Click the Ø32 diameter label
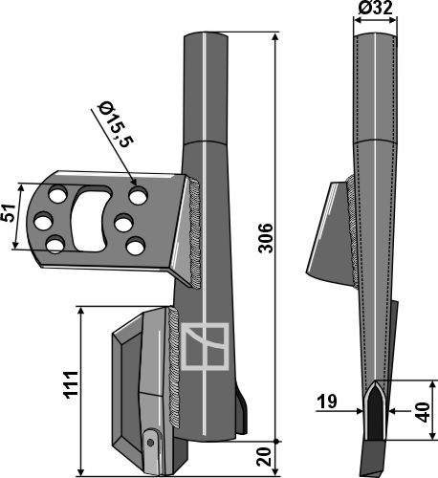click(x=375, y=8)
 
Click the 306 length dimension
click(x=266, y=238)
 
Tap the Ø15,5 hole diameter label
click(x=116, y=124)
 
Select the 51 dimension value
click(x=9, y=212)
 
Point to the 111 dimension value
click(x=71, y=384)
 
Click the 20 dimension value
click(x=266, y=457)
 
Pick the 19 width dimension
click(x=327, y=402)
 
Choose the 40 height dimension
click(x=424, y=412)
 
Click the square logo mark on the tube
click(x=205, y=346)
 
